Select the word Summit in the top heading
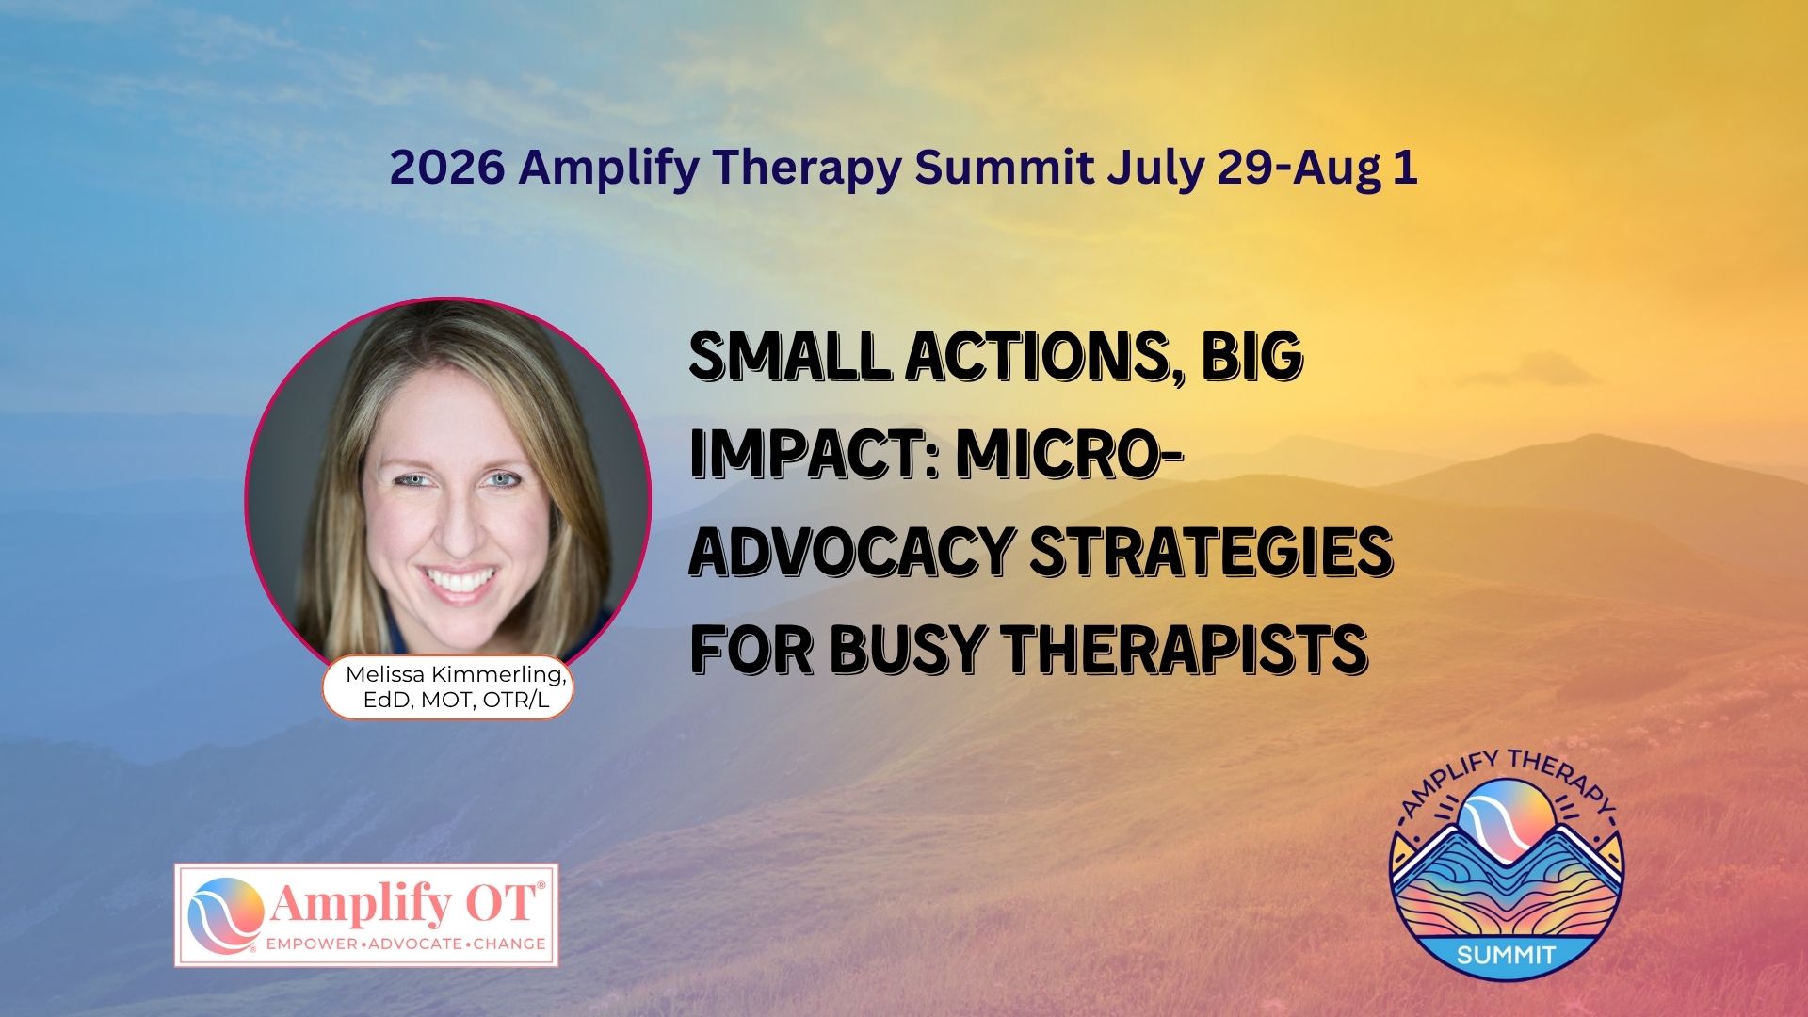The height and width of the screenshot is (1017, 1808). tap(1004, 168)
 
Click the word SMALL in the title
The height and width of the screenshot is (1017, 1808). tap(790, 356)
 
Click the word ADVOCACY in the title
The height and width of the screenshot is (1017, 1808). tap(851, 552)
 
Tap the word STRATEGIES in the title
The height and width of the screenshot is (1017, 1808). tap(1211, 552)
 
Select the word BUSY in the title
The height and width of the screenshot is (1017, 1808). tap(894, 650)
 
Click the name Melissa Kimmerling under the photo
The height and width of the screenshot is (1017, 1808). tap(456, 675)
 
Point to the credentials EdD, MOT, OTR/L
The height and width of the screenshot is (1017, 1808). tap(455, 702)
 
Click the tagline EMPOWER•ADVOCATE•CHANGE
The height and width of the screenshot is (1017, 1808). tap(406, 944)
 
